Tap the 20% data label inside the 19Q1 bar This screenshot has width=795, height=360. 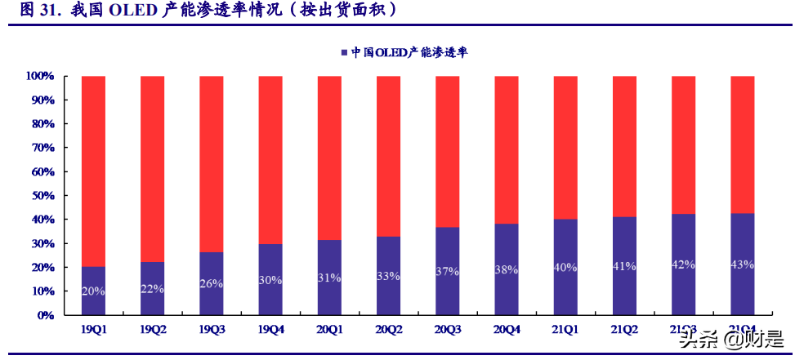pyautogui.click(x=93, y=291)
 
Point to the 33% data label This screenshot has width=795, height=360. pyautogui.click(x=388, y=276)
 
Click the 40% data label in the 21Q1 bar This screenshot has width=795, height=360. pyautogui.click(x=565, y=268)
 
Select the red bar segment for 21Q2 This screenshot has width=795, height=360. pyautogui.click(x=624, y=147)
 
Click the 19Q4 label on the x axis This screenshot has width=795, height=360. pyautogui.click(x=270, y=330)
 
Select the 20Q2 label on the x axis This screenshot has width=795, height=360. pyautogui.click(x=388, y=330)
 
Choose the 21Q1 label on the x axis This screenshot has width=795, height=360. pyautogui.click(x=565, y=330)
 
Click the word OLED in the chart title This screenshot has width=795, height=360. pyautogui.click(x=126, y=11)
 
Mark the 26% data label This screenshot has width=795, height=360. pyautogui.click(x=212, y=282)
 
